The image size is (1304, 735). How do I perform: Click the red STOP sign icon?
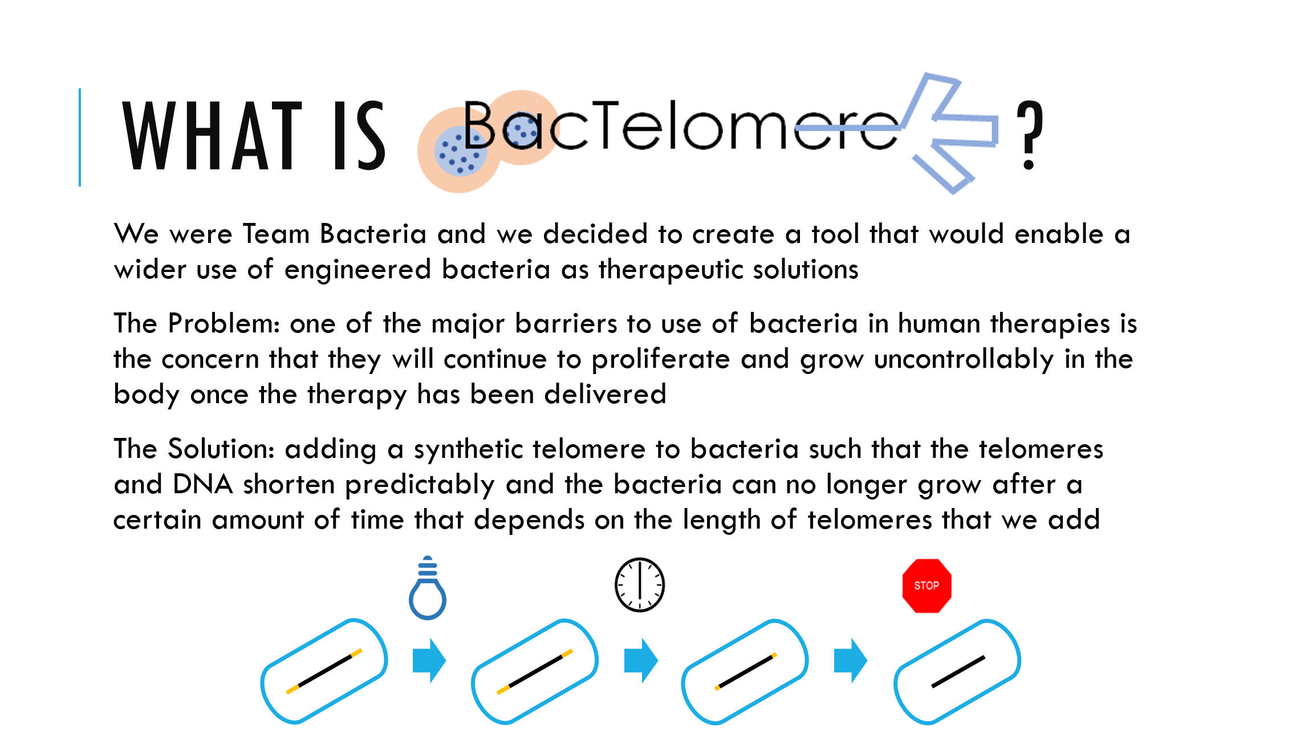[927, 586]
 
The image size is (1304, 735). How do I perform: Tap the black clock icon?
[640, 584]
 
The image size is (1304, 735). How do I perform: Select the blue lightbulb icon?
[428, 587]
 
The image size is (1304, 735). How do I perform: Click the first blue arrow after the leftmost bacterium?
[429, 660]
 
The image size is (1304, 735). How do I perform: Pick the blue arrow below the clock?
[641, 660]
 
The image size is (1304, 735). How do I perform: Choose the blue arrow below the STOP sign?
[851, 660]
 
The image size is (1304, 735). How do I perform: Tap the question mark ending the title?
[1030, 135]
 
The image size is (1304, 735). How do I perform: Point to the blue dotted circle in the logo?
[461, 151]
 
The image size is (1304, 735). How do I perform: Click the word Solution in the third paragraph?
[221, 449]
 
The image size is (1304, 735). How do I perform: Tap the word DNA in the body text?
[202, 484]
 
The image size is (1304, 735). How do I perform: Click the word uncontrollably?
[964, 359]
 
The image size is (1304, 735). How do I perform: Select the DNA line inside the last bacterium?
[958, 672]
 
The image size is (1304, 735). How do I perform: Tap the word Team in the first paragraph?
[276, 234]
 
